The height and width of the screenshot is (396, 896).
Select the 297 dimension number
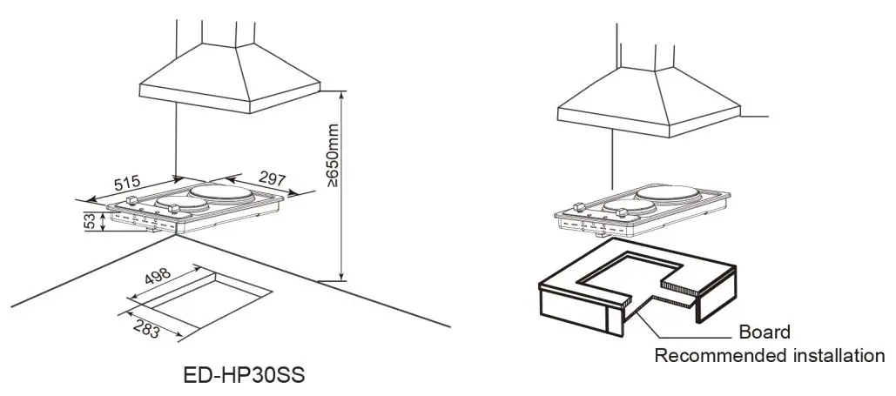(x=273, y=179)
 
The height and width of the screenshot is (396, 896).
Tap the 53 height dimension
(x=89, y=223)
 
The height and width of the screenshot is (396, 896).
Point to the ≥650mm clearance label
(x=332, y=156)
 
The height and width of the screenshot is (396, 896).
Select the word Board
(x=764, y=332)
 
